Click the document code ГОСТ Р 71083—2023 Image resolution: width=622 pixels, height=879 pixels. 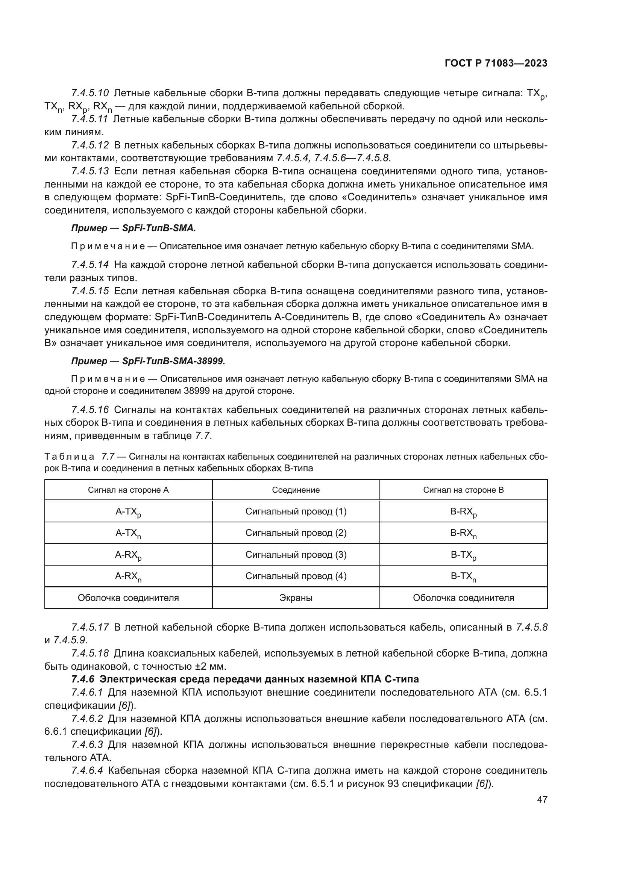click(x=496, y=64)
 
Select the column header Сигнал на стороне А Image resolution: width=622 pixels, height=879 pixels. click(x=128, y=490)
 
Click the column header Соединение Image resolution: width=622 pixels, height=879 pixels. click(x=296, y=490)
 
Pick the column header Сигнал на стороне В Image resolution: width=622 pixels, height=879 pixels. click(x=463, y=490)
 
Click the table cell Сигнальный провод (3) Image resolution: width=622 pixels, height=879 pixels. click(x=296, y=555)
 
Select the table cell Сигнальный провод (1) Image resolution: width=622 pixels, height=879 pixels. click(x=296, y=511)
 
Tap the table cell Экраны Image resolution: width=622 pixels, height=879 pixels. click(x=296, y=598)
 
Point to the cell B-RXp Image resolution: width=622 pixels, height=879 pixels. click(x=463, y=512)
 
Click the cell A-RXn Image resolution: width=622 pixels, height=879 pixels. click(x=128, y=576)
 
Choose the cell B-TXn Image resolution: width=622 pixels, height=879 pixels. click(x=463, y=576)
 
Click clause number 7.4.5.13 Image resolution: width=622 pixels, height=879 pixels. click(x=90, y=171)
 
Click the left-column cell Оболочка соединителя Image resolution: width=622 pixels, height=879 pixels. click(x=128, y=598)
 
